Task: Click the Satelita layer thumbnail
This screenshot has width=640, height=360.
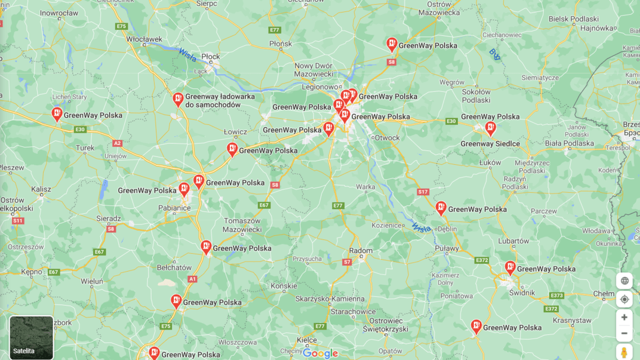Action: coord(31,337)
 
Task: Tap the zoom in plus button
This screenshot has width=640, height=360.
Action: coord(624,318)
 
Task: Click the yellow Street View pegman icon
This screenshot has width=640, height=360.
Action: coord(624,352)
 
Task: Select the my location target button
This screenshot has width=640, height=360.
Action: coord(624,299)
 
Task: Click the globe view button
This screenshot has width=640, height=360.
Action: coord(624,281)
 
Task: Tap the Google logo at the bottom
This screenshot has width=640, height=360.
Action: coord(320,353)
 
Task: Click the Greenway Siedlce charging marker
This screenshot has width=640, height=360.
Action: coord(490,128)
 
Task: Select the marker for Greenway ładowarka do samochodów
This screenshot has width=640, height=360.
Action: coord(178,99)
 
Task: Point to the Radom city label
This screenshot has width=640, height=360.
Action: coord(361,251)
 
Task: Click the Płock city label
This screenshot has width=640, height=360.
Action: coord(211,57)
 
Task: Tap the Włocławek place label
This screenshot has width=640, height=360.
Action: coord(144,39)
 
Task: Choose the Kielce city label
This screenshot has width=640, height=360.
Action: coord(307,340)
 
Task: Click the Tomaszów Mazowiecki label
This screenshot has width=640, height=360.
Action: coord(242,225)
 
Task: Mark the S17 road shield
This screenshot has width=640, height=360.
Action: coord(423,192)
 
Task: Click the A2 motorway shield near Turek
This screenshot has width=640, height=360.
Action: coord(117,143)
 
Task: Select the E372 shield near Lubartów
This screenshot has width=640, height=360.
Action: coord(482,260)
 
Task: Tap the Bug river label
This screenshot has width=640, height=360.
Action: coord(494,54)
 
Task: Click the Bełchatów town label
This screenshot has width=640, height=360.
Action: coord(174,267)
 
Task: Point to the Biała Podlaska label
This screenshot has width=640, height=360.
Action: coord(570,143)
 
